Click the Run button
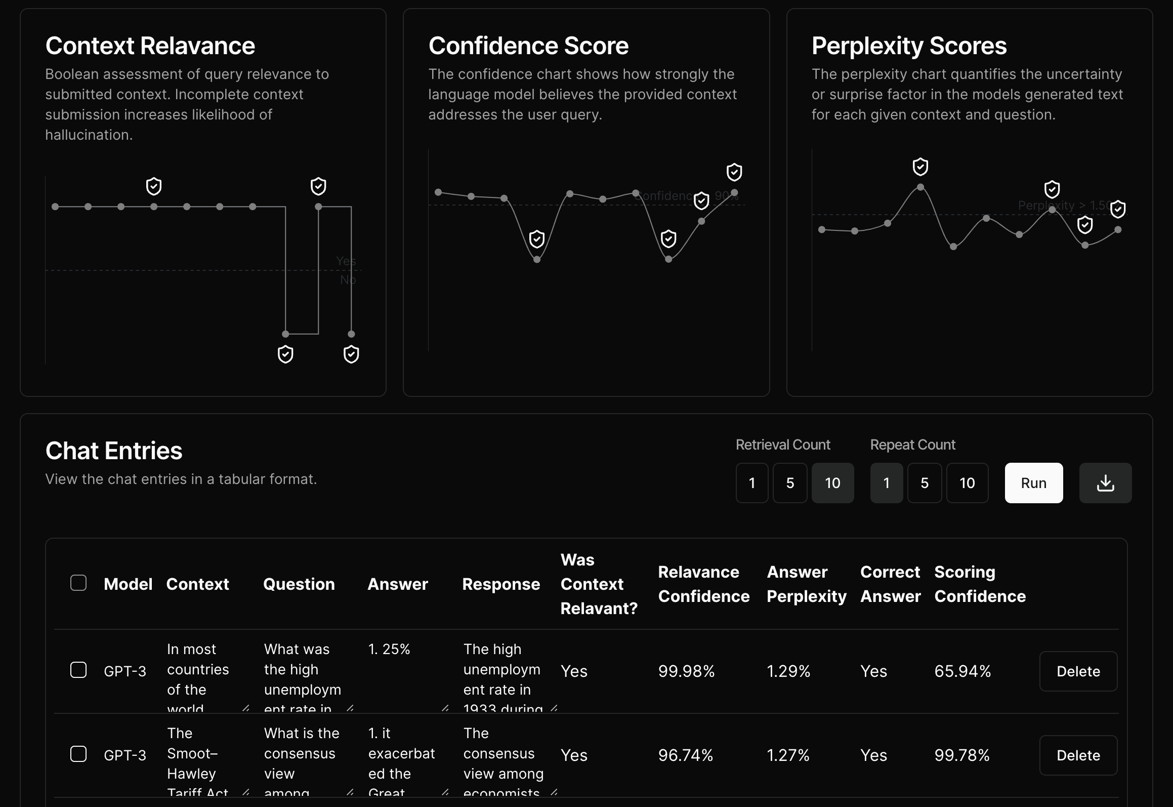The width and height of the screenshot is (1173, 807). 1033,483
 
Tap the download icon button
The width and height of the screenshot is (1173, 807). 1105,483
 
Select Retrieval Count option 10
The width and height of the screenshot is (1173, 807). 832,483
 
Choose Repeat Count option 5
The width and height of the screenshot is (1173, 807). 924,483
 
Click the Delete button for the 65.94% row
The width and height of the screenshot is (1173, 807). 1078,671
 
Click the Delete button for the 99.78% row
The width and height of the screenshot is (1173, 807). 1078,755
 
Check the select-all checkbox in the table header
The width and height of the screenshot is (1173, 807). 78,583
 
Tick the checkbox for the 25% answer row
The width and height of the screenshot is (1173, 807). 78,670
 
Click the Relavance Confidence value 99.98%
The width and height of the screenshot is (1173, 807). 686,671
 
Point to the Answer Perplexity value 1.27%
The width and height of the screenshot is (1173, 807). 788,755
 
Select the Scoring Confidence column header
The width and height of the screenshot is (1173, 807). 980,584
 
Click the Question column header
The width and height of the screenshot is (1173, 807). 299,584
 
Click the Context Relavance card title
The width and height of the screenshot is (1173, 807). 150,46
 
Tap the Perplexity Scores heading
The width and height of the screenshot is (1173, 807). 909,46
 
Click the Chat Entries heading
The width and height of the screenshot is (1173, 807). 114,451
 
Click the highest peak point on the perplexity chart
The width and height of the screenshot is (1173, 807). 920,187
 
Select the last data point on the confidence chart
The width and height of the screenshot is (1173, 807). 734,193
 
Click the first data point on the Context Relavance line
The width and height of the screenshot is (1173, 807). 55,207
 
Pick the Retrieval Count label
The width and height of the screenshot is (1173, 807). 783,445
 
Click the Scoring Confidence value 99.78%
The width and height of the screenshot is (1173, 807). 961,755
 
